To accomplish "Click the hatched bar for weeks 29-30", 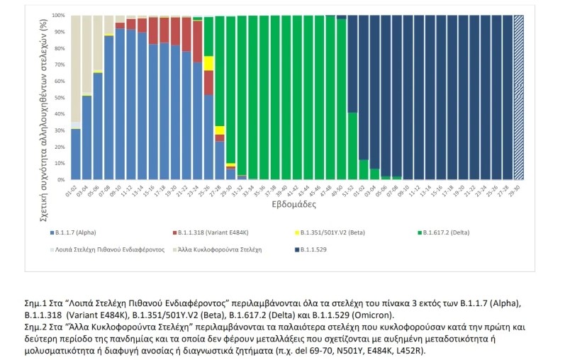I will coord(518,97).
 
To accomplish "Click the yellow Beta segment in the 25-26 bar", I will coord(209,62).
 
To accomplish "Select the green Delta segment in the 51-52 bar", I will coord(352,145).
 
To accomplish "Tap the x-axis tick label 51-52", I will coord(352,189).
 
